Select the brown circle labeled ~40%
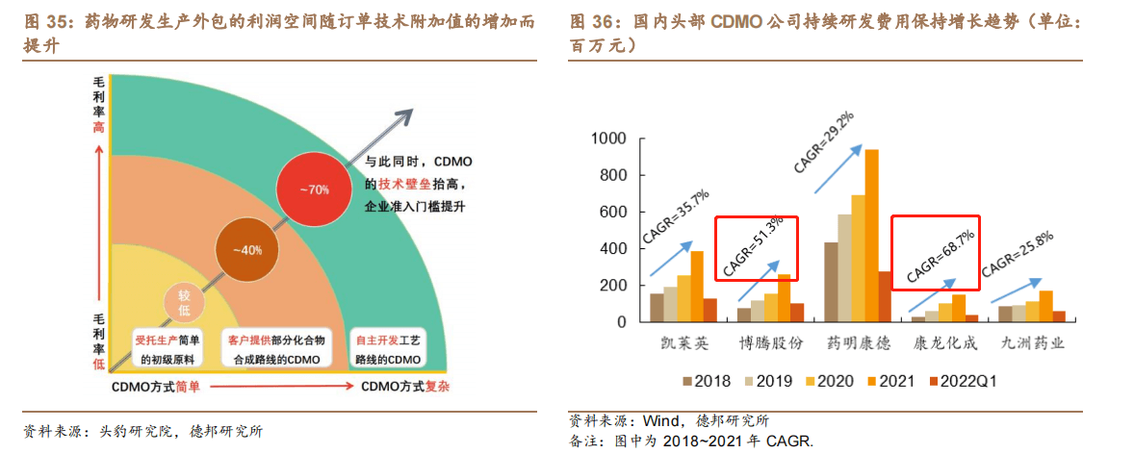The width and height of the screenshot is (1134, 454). [x=245, y=250]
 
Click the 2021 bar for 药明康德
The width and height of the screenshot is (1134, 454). [x=872, y=237]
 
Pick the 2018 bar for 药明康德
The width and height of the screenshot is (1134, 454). [x=831, y=283]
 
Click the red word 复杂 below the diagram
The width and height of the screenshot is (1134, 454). [x=439, y=387]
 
